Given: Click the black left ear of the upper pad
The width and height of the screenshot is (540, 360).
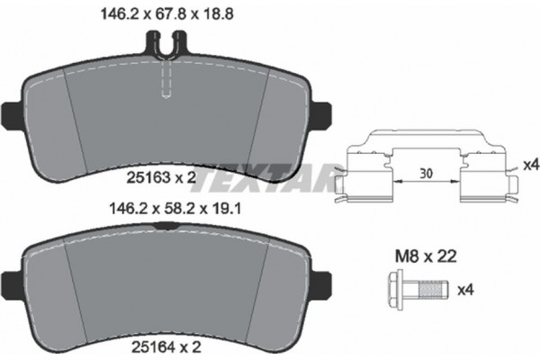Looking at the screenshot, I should [x=10, y=112].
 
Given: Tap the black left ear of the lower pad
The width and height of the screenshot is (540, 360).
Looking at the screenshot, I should [x=10, y=278].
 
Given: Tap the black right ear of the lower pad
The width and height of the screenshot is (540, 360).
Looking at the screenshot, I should [x=319, y=278].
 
